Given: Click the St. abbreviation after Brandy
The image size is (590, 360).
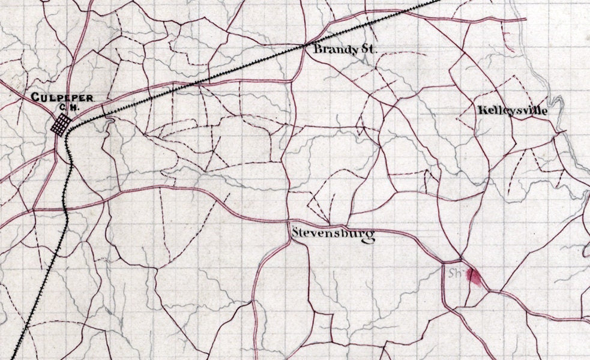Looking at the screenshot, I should tap(366, 50).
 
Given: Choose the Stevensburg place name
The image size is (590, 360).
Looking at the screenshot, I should tap(333, 233).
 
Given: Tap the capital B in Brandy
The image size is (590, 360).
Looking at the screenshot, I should tap(318, 50).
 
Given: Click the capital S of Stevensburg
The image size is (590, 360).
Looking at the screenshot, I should tap(295, 232).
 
